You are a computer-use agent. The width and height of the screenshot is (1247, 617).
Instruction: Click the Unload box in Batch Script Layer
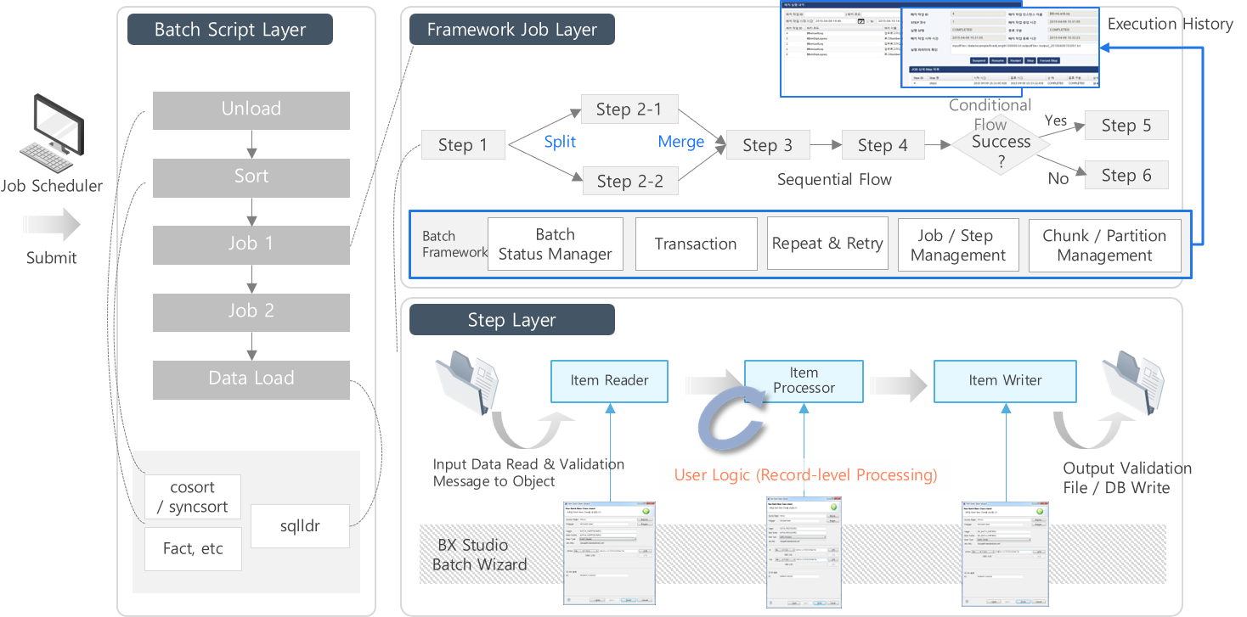pos(251,110)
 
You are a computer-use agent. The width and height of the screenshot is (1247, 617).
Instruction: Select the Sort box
pos(251,177)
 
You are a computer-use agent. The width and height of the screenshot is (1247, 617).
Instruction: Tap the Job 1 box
pos(251,244)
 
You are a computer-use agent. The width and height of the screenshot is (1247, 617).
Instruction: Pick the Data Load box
pos(251,379)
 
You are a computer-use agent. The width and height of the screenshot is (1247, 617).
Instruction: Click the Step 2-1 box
pos(629,109)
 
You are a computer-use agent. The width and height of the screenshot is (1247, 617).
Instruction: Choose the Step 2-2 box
pos(629,181)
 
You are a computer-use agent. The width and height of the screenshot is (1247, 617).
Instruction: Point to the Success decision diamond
pos(1002,143)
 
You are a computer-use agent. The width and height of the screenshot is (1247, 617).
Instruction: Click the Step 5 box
pos(1126,126)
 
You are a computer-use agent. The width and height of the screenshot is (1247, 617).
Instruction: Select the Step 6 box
pos(1126,176)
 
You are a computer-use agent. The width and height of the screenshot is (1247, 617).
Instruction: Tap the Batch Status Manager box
pos(556,244)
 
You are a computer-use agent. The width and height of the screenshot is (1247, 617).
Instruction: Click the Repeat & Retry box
pos(827,244)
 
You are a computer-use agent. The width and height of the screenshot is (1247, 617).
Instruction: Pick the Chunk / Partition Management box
pos(1104,245)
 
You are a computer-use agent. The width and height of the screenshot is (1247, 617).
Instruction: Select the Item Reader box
pos(609,381)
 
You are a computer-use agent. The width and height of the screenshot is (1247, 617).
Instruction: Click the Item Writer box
pos(1005,381)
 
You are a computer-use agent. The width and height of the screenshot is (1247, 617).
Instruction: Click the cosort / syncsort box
pos(193,497)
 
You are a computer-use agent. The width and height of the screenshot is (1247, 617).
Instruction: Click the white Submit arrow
pos(51,225)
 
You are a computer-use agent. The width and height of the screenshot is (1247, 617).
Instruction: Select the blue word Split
pos(560,143)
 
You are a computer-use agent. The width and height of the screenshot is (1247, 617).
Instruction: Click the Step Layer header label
pos(511,320)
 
